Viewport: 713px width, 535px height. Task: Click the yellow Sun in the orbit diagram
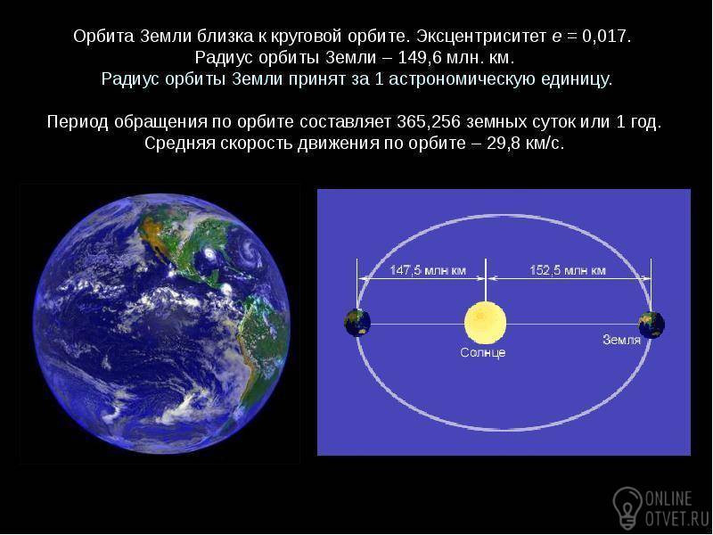coord(485,323)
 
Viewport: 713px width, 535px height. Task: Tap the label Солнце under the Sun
coord(483,352)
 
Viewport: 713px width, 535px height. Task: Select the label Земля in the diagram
coord(621,340)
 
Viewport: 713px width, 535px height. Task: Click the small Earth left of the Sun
coord(357,323)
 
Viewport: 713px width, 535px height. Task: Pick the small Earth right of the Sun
coord(652,325)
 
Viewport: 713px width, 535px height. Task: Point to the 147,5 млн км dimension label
coord(428,271)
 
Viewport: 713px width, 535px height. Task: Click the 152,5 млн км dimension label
coord(568,271)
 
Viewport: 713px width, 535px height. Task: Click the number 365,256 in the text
coord(429,122)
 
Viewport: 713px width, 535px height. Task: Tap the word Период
coord(78,122)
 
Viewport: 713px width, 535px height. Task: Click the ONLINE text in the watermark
coord(668,499)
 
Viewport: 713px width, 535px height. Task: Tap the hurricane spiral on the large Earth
coord(250,251)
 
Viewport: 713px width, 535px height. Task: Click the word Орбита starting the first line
coord(103,37)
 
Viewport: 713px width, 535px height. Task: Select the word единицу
coord(577,79)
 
